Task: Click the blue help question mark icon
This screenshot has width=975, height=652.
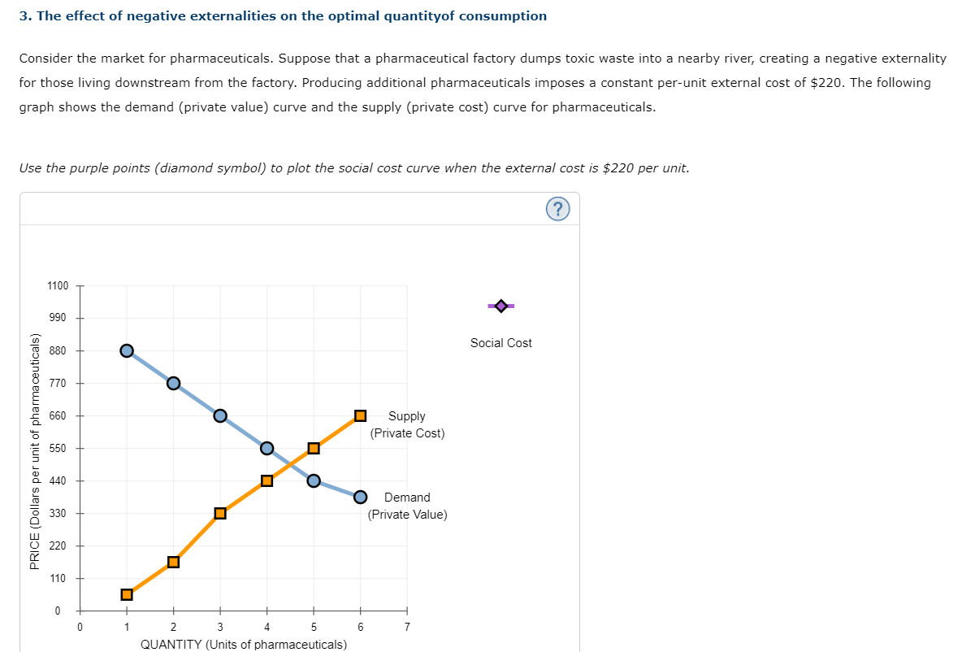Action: click(x=557, y=210)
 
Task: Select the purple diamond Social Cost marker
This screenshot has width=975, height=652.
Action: click(x=501, y=306)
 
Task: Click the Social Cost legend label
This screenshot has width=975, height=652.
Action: click(x=501, y=343)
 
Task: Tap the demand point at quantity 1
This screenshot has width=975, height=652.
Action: click(x=127, y=350)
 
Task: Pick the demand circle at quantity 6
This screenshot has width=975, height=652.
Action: click(x=360, y=497)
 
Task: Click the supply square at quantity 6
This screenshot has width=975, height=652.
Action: click(x=360, y=415)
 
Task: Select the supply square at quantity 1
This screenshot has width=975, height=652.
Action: click(x=127, y=594)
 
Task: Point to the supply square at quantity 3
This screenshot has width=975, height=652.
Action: click(x=220, y=513)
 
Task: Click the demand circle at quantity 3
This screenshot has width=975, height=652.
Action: click(x=220, y=415)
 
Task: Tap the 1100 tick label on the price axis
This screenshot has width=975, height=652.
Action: click(x=58, y=286)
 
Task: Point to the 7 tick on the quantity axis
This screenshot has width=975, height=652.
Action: click(x=407, y=627)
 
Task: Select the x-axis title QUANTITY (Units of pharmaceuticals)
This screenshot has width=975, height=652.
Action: click(x=244, y=645)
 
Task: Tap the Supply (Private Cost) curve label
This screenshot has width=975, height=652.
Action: click(x=407, y=424)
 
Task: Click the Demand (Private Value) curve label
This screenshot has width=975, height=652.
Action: click(x=407, y=506)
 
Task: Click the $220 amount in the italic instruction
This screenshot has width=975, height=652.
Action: click(x=617, y=168)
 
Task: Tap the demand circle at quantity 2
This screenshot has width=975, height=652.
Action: click(x=173, y=383)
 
